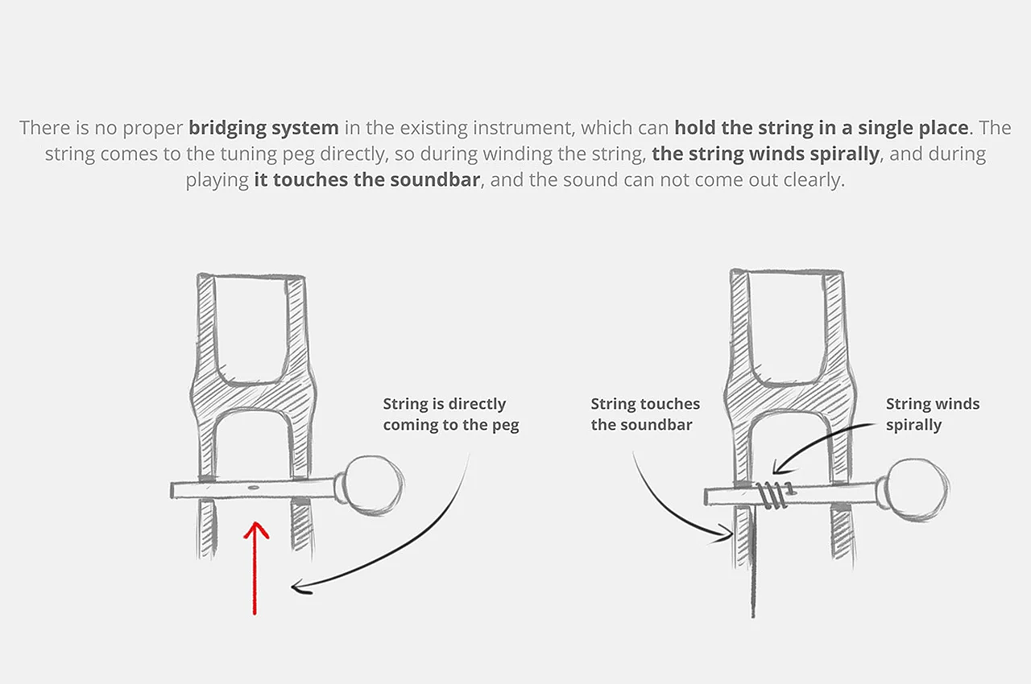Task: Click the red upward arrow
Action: tap(255, 567)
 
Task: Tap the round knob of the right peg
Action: tap(918, 488)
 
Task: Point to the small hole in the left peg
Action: tap(253, 488)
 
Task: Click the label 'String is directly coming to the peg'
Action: tap(451, 414)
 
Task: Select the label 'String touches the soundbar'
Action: tap(645, 414)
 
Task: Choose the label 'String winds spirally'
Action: tap(933, 414)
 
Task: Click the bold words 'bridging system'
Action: tap(263, 128)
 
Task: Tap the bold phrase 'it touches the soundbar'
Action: tap(367, 179)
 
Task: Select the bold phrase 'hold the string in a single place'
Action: tap(821, 128)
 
